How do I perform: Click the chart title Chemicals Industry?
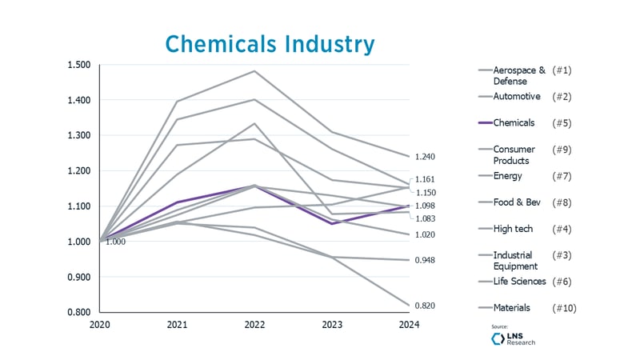point(270,43)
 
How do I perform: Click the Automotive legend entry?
point(517,97)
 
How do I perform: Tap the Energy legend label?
point(508,176)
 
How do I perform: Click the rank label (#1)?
point(562,70)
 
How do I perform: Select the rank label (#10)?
point(564,308)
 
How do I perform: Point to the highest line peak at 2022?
point(254,71)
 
